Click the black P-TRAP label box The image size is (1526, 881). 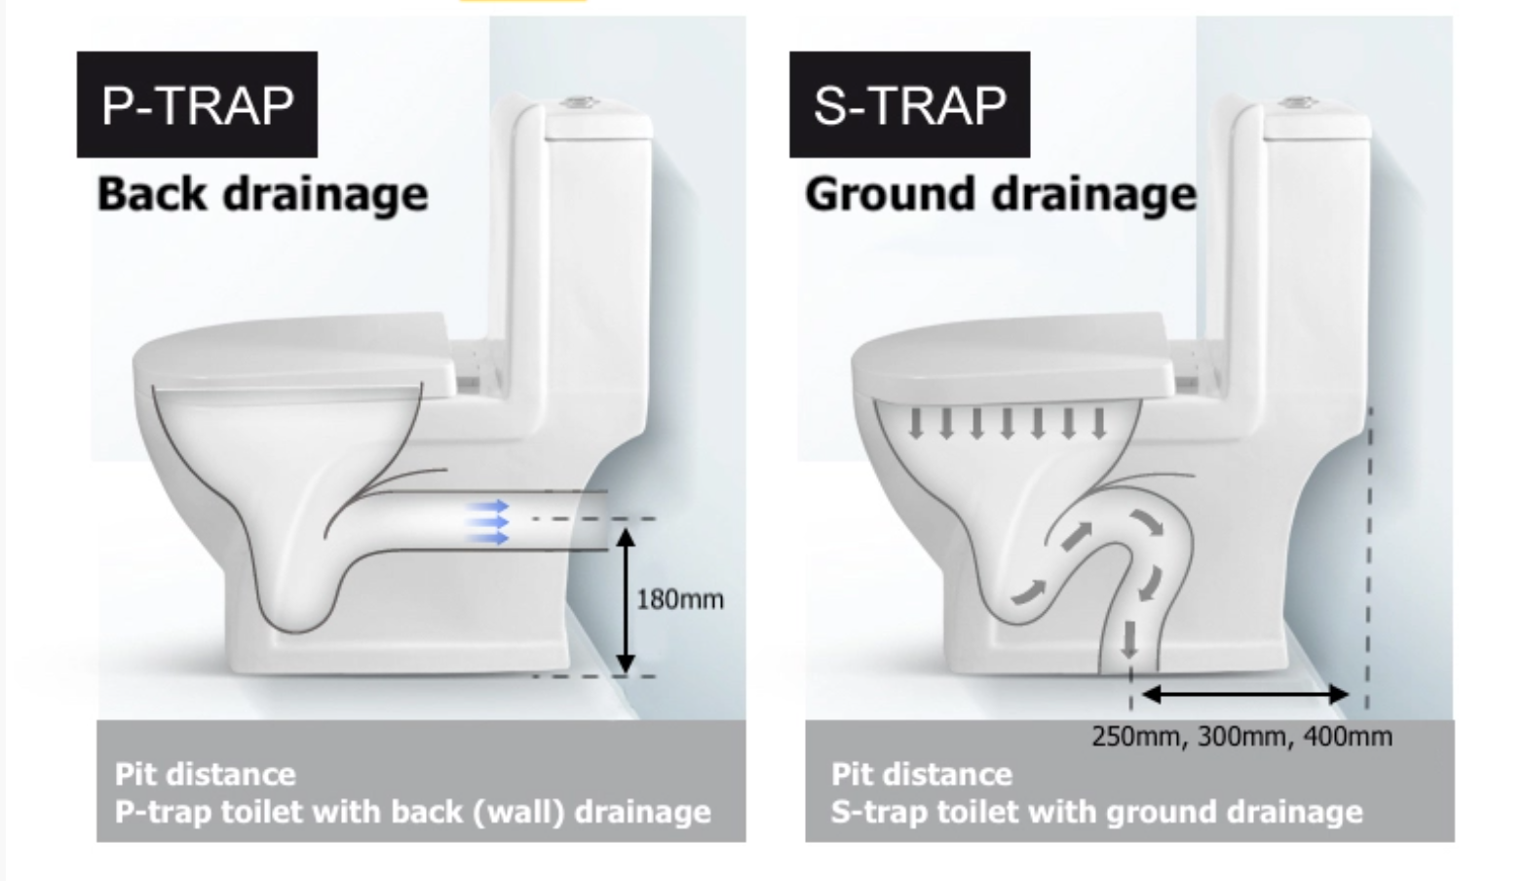(x=197, y=104)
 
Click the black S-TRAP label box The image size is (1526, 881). (x=909, y=104)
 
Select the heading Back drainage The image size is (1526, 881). (x=262, y=194)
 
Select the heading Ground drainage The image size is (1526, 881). (x=1000, y=194)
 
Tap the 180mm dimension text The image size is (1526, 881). (x=680, y=599)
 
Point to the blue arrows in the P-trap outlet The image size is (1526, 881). (x=486, y=521)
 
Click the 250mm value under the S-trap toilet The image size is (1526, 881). (x=1134, y=736)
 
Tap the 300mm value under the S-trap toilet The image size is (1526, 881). (x=1241, y=736)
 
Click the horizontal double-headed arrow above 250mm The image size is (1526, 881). (x=1244, y=695)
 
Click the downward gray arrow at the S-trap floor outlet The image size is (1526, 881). (x=1129, y=639)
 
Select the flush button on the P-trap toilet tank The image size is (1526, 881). (x=583, y=100)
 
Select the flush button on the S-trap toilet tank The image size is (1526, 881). (x=1300, y=100)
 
